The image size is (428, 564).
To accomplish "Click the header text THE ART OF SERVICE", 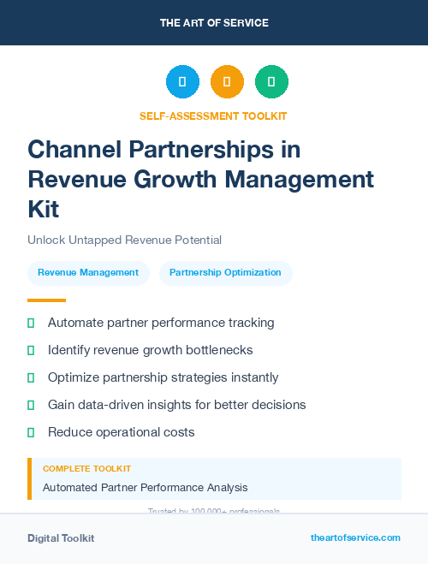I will point(214,23).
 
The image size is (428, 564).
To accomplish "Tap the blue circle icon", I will point(182,82).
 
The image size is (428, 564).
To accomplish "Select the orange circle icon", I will point(227,82).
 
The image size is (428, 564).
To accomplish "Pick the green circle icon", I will point(271,82).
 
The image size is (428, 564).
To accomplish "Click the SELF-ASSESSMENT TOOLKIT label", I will point(213,116).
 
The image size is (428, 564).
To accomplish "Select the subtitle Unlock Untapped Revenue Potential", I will point(124,240).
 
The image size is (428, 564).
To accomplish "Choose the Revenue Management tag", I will point(88,273).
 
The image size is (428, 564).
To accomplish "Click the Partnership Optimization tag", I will point(225,273).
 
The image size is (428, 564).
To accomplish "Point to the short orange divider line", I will point(46,300).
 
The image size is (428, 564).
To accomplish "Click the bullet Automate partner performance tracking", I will point(161,323).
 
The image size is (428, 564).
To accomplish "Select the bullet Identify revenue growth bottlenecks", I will point(150,350).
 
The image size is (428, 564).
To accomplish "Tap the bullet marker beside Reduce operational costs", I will point(31,432).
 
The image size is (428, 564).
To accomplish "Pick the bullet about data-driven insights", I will point(176,405).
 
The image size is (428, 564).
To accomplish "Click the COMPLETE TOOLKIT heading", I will point(87,469).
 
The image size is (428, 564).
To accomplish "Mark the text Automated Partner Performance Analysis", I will point(146,488).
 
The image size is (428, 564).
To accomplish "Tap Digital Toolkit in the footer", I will point(61,538).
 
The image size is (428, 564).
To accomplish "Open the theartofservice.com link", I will point(355,537).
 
